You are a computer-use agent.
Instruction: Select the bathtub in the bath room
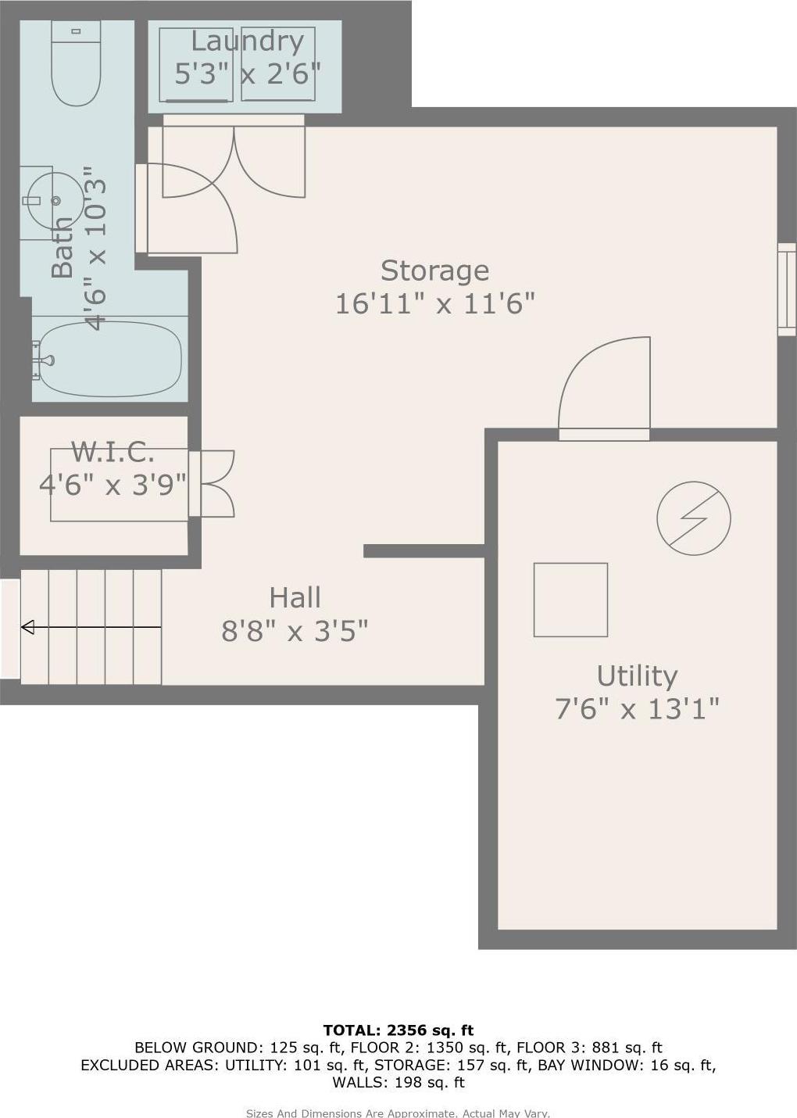tap(109, 359)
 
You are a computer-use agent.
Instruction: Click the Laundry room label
tap(247, 41)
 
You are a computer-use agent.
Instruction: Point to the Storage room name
tap(434, 271)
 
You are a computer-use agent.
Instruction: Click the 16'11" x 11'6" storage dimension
tap(434, 303)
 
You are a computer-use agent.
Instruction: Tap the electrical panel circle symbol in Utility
tap(693, 518)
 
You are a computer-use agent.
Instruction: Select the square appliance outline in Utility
tap(570, 600)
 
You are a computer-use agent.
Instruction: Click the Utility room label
tap(637, 675)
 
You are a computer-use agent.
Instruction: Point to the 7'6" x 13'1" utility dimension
tap(637, 709)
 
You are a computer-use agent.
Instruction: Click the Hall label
tap(295, 598)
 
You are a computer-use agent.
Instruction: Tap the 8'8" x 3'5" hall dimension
tap(295, 630)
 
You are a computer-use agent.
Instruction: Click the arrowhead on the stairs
tap(27, 627)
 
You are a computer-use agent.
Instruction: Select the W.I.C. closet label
tap(113, 452)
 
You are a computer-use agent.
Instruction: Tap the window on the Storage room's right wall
tap(786, 289)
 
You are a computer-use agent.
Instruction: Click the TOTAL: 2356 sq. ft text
tap(398, 1030)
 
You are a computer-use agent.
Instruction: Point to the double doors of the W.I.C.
tap(213, 483)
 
